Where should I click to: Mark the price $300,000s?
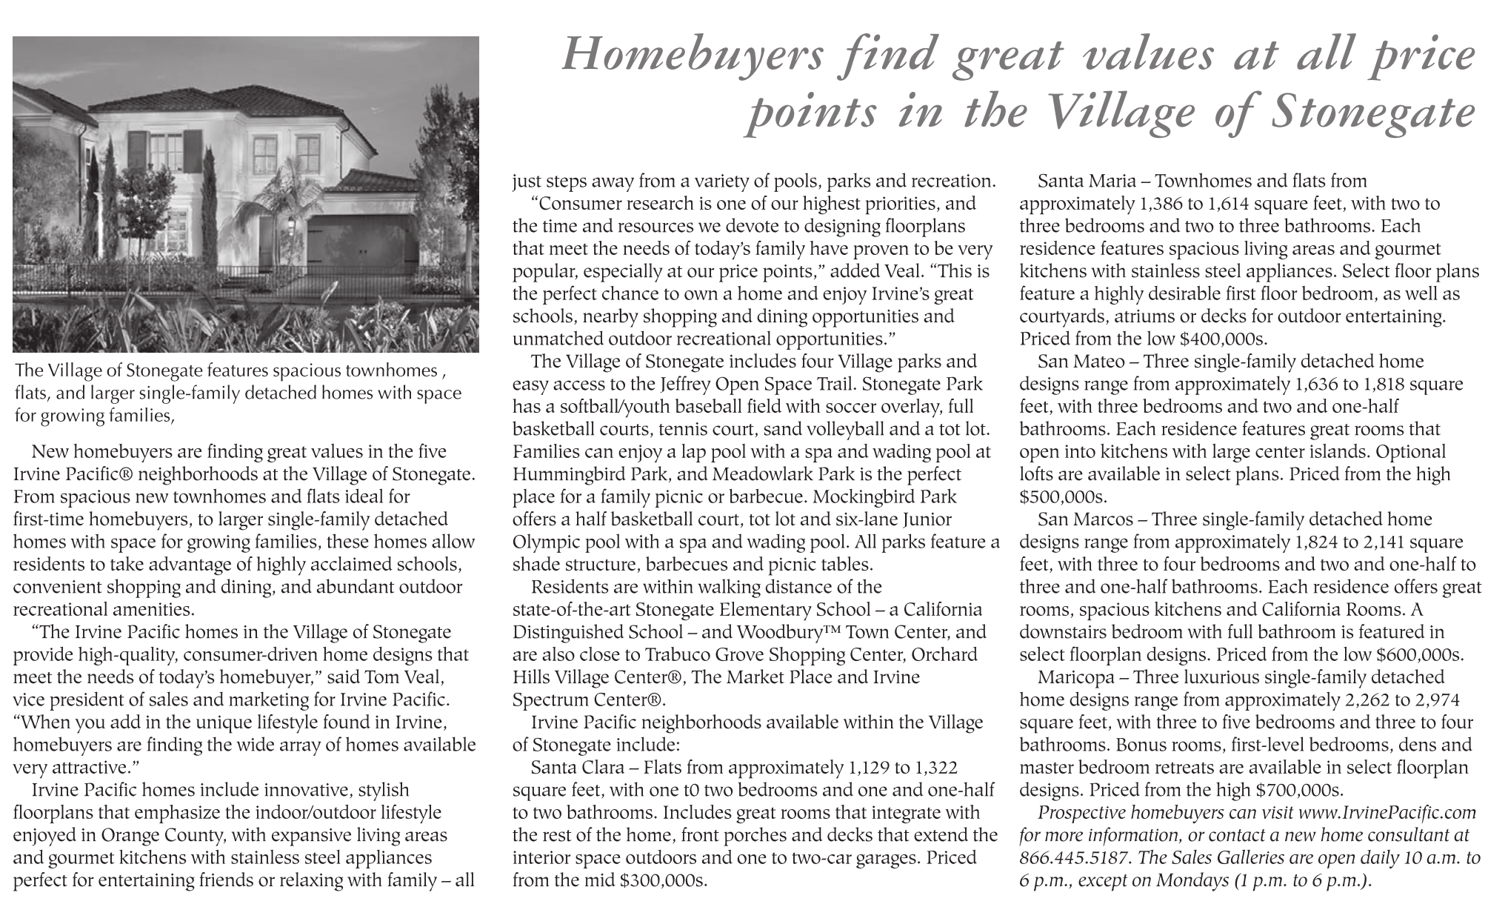coord(664,881)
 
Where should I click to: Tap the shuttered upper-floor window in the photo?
coord(164,150)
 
